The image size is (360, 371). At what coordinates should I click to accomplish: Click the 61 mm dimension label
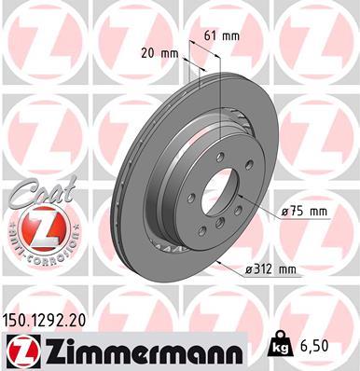[x=216, y=36]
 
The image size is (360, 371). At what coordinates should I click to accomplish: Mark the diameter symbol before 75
[x=283, y=213]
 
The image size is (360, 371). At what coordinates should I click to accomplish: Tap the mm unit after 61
[x=229, y=36]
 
